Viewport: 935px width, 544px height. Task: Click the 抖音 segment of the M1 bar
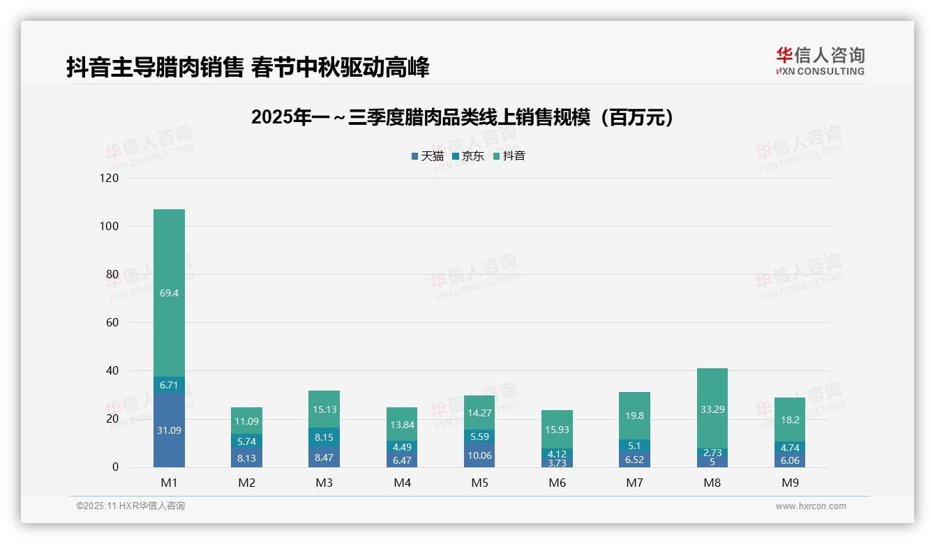169,293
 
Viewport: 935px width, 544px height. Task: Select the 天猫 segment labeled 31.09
169,430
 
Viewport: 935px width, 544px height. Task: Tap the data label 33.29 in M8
712,409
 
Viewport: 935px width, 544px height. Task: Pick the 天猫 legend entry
428,156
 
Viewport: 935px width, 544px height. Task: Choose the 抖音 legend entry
509,156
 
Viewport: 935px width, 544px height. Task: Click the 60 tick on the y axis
111,323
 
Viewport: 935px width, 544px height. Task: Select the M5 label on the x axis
479,483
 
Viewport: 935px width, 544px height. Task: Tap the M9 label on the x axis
789,483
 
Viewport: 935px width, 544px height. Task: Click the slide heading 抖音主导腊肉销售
248,68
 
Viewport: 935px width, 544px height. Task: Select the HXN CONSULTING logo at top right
820,61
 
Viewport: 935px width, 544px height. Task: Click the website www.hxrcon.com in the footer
811,506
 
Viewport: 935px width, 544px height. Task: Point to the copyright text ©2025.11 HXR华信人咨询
130,506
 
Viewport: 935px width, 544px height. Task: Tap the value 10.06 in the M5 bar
479,456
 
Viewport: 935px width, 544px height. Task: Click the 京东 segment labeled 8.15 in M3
324,437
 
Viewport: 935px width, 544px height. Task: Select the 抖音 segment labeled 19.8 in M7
634,416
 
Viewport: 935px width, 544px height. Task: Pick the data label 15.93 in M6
557,430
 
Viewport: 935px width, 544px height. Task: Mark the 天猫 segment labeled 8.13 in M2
246,458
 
